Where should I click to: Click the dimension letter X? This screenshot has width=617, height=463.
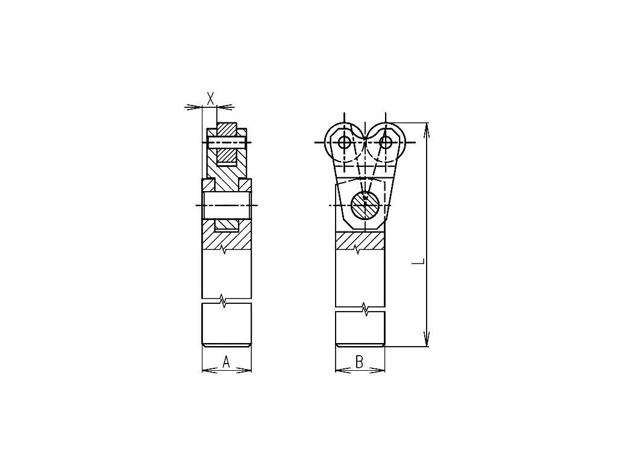[x=211, y=98]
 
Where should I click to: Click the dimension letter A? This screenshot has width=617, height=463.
[x=227, y=362]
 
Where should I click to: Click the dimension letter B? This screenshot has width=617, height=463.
[x=359, y=362]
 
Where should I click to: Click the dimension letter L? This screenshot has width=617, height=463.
[x=420, y=261]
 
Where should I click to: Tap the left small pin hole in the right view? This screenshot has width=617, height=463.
[x=344, y=142]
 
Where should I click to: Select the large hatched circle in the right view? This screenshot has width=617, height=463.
[x=365, y=205]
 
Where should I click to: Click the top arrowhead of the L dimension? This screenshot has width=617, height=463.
[x=426, y=131]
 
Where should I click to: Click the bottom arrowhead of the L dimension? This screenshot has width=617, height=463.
[x=426, y=338]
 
